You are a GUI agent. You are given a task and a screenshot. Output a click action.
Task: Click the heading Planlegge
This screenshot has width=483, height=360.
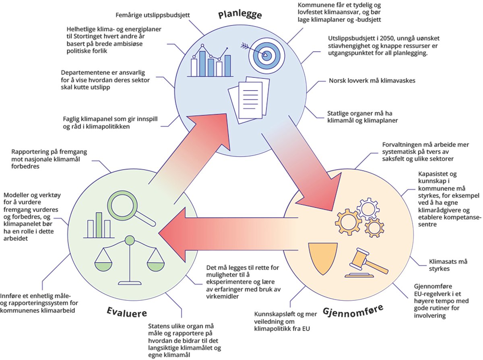(240, 15)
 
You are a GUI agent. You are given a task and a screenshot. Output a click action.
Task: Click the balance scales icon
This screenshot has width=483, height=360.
(130, 259)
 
